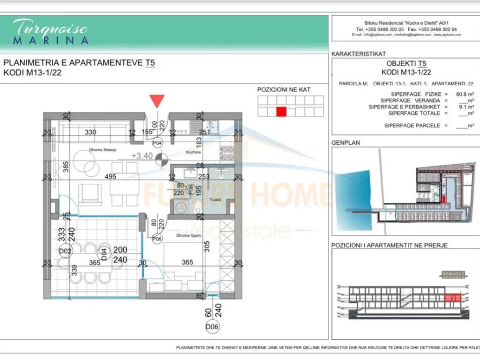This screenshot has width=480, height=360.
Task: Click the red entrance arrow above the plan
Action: pyautogui.click(x=158, y=100)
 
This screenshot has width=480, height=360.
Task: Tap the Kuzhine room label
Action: pyautogui.click(x=194, y=151)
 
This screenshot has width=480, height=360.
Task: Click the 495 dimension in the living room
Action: pyautogui.click(x=111, y=177)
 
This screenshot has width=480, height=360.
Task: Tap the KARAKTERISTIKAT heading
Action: pyautogui.click(x=359, y=54)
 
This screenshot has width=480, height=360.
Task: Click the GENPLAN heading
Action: pyautogui.click(x=345, y=143)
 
